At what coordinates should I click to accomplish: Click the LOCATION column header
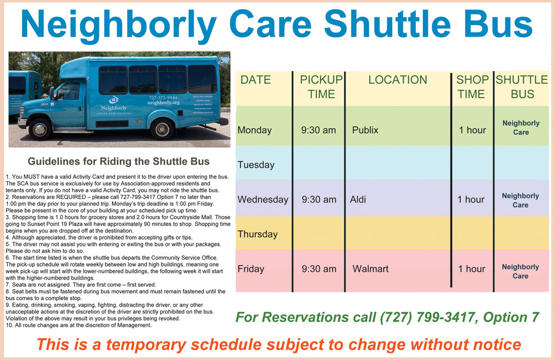pyautogui.click(x=397, y=80)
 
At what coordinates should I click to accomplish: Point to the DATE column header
pyautogui.click(x=255, y=80)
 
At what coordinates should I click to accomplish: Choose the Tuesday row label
pyautogui.click(x=256, y=165)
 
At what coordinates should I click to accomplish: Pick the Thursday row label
pyautogui.click(x=258, y=234)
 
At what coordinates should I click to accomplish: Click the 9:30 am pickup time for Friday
pyautogui.click(x=319, y=269)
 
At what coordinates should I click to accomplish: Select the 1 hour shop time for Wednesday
pyautogui.click(x=471, y=200)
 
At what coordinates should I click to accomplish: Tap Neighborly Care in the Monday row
pyautogui.click(x=521, y=128)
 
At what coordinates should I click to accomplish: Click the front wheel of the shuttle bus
pyautogui.click(x=39, y=129)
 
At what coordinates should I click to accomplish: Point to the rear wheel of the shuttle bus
pyautogui.click(x=162, y=129)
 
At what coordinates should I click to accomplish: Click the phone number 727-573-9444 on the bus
pyautogui.click(x=163, y=97)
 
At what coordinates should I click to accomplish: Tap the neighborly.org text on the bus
pyautogui.click(x=163, y=103)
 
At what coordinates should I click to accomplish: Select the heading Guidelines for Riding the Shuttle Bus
pyautogui.click(x=119, y=161)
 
